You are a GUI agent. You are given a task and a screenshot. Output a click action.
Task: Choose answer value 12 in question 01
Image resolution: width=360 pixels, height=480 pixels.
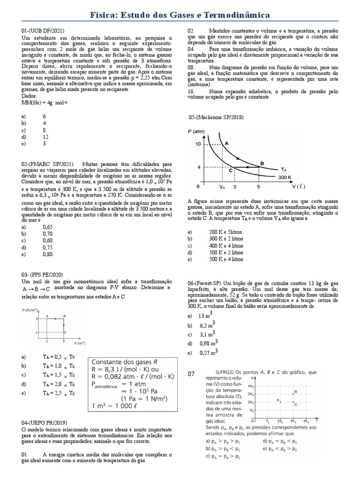(x=45, y=137)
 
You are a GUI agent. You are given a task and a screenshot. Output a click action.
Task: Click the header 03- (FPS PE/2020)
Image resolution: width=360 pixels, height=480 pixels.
(x=42, y=274)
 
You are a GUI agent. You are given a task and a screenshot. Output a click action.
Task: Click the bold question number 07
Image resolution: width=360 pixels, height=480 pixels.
(x=191, y=374)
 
